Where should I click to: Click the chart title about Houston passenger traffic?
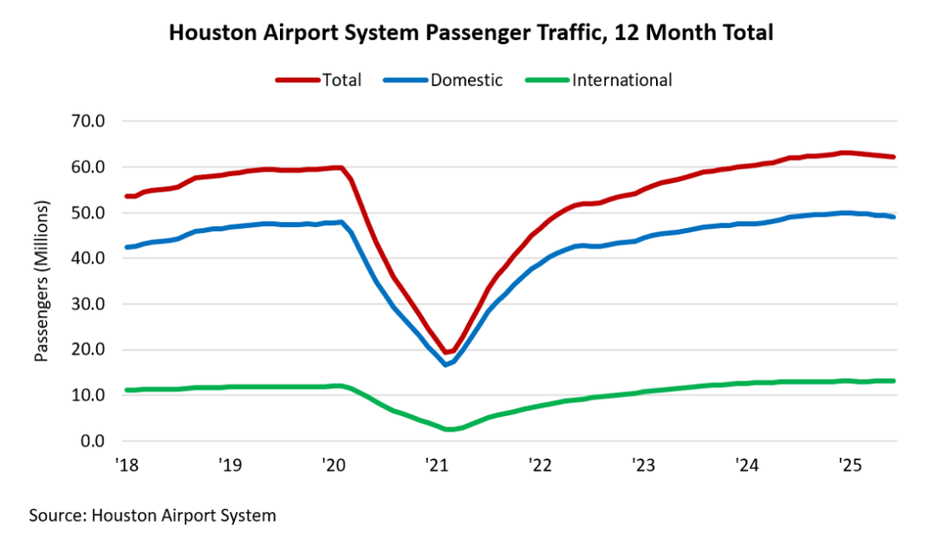(x=471, y=33)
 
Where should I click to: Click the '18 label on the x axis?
(x=127, y=465)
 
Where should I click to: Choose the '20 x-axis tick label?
(x=333, y=465)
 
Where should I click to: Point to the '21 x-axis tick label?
(x=436, y=465)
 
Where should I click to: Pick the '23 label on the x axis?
(x=642, y=465)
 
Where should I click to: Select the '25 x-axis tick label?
(x=848, y=465)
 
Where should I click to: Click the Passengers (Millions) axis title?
(x=41, y=281)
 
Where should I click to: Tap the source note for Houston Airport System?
(x=153, y=516)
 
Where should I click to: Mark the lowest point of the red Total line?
(x=447, y=353)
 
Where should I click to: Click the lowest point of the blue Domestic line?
(x=446, y=365)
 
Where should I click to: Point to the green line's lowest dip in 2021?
(x=449, y=430)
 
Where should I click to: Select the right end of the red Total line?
(x=894, y=157)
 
